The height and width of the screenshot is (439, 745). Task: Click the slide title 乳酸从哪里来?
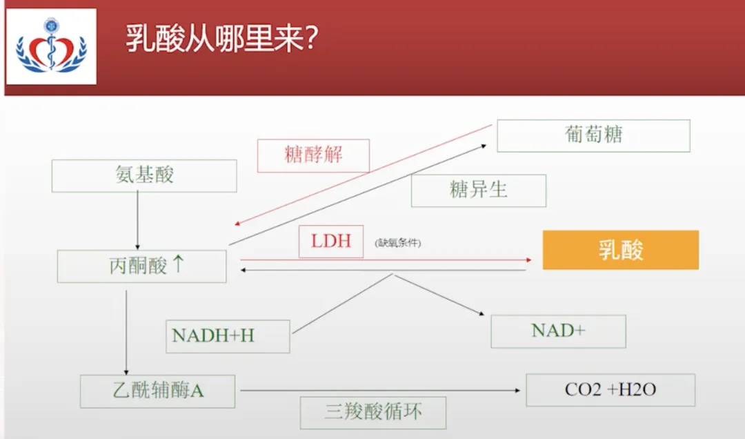(221, 39)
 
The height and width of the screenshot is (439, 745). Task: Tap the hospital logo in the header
(51, 46)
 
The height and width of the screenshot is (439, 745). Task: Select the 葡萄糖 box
(593, 135)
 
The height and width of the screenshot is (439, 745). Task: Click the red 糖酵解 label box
(313, 155)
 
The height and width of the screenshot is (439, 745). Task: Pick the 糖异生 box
(478, 190)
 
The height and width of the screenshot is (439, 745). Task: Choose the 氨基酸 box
(144, 175)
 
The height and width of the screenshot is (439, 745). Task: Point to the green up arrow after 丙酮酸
(178, 264)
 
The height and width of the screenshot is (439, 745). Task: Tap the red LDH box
(331, 241)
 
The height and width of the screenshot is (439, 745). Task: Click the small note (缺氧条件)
(398, 243)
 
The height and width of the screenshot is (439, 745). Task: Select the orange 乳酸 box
(620, 250)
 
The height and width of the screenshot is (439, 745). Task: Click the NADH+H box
(228, 335)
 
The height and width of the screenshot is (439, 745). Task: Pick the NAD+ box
(558, 331)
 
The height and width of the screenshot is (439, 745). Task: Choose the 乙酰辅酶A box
(157, 391)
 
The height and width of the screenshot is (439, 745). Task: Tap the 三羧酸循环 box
(372, 413)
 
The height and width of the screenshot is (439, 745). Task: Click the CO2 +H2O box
(610, 390)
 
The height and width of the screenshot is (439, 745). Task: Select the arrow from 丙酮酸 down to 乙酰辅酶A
(126, 331)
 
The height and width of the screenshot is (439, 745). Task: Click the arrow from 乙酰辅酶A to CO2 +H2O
(379, 391)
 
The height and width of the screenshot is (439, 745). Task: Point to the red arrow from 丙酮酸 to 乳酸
(386, 260)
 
